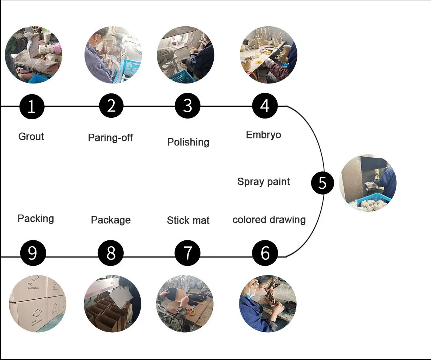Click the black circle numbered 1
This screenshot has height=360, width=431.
coord(32,106)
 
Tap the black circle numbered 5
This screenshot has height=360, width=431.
coord(322,183)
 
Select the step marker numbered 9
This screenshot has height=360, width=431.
coord(33,253)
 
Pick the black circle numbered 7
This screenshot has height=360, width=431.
coord(187,253)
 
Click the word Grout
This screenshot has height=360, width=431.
coord(31,137)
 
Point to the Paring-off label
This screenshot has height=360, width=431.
coord(110,138)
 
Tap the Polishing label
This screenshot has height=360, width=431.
coord(188,142)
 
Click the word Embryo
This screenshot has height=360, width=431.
coord(263,135)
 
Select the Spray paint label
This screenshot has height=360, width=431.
coord(263,182)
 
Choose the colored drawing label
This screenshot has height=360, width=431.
coord(269,220)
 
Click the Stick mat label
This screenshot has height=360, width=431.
coord(188,220)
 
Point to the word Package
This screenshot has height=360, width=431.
coord(111,220)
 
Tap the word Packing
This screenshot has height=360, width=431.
coord(36,219)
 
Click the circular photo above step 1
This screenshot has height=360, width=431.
coord(33,55)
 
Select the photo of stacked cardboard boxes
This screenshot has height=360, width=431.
coord(37,304)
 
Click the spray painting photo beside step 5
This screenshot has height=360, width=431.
coord(368,183)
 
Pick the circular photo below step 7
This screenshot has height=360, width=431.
coord(185,304)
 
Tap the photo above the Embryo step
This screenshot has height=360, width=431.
coord(268,55)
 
